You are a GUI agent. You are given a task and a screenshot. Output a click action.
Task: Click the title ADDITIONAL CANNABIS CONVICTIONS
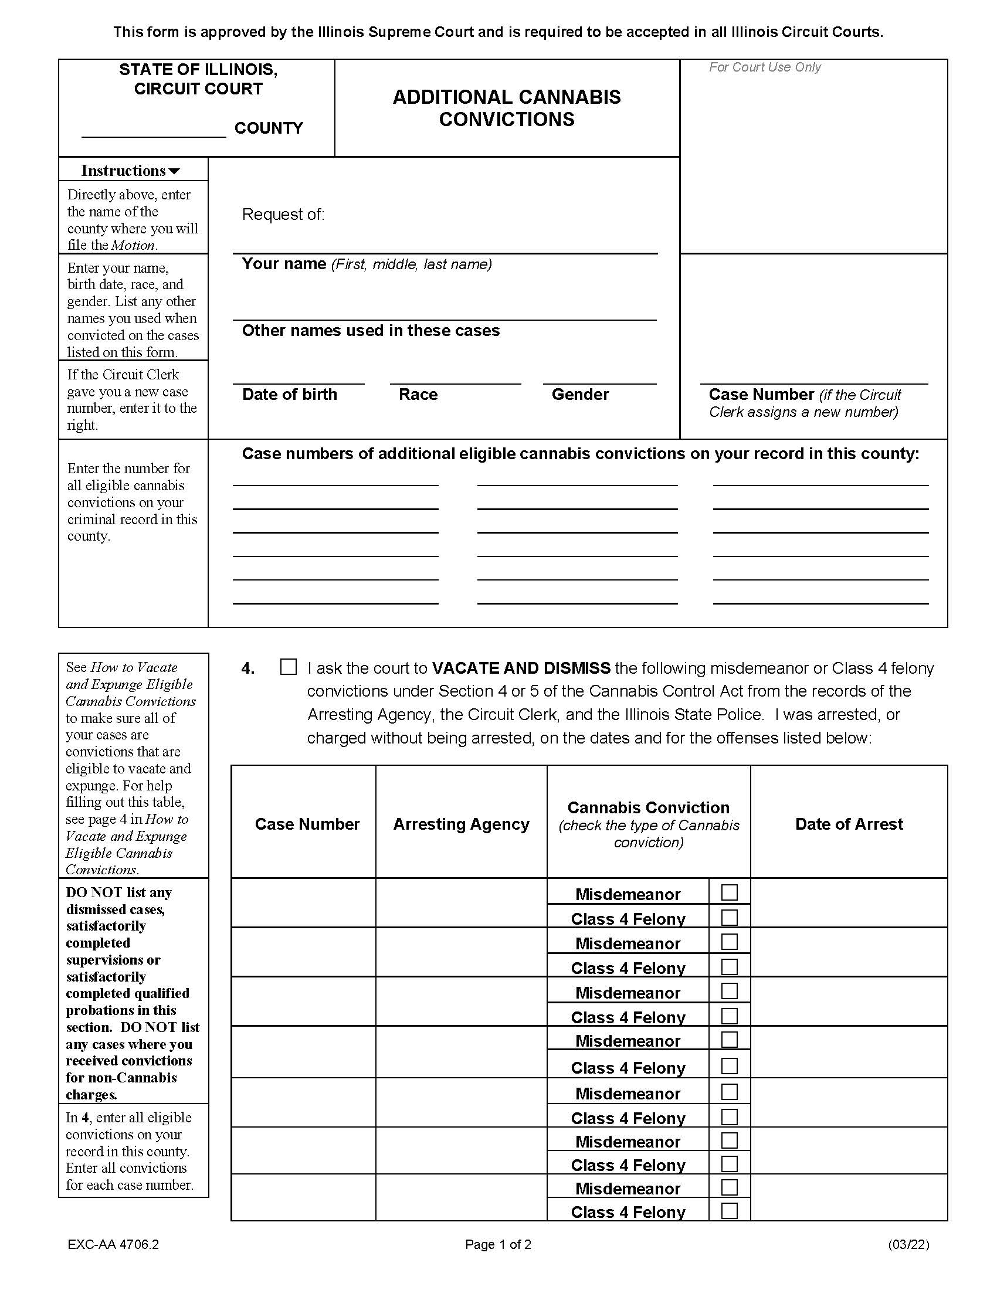coord(506,108)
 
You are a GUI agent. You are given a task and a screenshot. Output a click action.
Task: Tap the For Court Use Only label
coord(764,67)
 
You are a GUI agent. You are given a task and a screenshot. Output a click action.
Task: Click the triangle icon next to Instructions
coord(174,171)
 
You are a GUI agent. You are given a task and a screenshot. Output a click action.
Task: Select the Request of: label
coord(283,215)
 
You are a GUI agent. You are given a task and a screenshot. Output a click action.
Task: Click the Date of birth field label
coord(289,395)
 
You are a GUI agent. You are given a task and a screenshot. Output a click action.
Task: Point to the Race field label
coord(418,395)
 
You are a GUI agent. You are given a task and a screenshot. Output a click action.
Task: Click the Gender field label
coord(580,395)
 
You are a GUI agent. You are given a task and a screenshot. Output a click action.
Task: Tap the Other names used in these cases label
coord(370,331)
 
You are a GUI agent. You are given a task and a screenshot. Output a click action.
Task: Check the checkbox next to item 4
coord(288,667)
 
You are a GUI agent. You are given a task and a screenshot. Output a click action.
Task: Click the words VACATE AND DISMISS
coord(521,668)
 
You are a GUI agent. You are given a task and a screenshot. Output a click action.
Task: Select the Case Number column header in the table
coord(307,824)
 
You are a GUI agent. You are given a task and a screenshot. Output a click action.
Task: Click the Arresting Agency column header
coord(462,824)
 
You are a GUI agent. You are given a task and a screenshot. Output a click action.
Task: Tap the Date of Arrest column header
coord(849,824)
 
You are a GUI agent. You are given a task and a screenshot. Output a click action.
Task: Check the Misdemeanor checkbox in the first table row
coord(730,892)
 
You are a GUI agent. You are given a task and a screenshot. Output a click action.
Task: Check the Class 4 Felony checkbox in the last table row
coord(730,1210)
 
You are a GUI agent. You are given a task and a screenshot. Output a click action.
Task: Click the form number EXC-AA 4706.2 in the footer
coord(113,1244)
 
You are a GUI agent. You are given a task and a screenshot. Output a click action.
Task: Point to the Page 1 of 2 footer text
coord(498,1244)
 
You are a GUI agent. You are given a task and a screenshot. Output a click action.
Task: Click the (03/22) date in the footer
coord(908,1244)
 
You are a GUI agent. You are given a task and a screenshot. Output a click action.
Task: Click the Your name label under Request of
coord(283,264)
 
